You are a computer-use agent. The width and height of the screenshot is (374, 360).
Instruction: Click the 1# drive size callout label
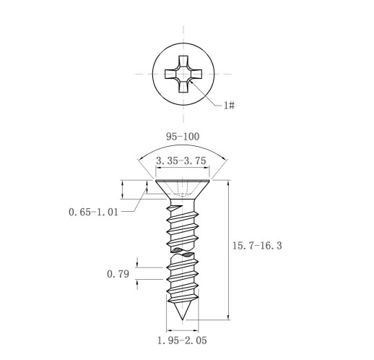coord(229,105)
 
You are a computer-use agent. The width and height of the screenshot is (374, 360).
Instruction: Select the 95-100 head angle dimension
coord(183,137)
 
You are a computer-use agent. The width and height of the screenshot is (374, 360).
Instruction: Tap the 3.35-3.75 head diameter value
coord(181,160)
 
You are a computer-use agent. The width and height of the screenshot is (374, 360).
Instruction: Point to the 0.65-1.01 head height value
coord(93,212)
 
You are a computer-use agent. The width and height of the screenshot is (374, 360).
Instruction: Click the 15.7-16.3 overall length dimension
coord(257,246)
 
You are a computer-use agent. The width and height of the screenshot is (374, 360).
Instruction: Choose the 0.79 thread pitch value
coord(118,274)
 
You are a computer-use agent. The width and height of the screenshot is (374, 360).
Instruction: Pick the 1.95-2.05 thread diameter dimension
coord(182,340)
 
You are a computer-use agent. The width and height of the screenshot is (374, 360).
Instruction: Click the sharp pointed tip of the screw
coord(183,320)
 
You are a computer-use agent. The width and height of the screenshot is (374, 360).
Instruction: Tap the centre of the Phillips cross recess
coord(183,74)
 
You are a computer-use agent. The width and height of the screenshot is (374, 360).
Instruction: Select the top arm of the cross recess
coord(183,62)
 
